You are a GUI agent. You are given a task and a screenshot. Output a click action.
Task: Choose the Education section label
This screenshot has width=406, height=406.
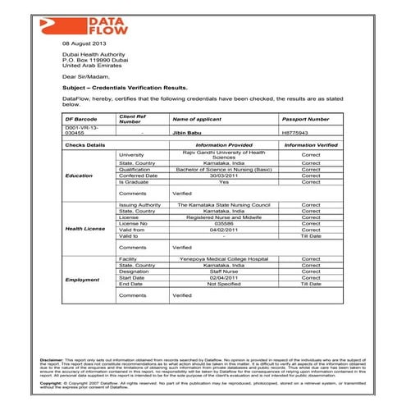pyautogui.click(x=80, y=176)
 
